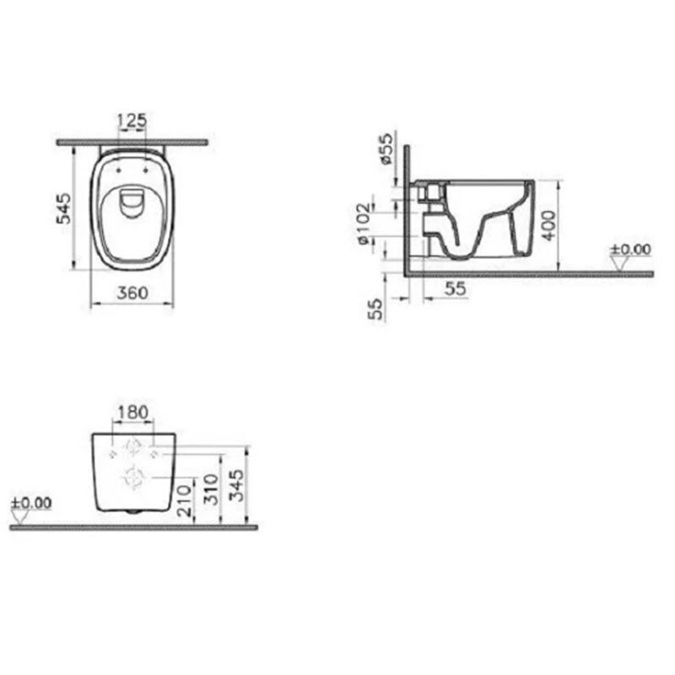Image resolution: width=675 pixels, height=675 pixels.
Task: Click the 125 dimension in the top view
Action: (x=132, y=121)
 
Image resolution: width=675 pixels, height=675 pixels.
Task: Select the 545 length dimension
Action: (x=64, y=208)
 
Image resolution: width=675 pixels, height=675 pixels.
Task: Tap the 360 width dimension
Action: (x=132, y=293)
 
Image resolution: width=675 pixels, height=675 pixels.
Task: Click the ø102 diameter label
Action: (x=364, y=224)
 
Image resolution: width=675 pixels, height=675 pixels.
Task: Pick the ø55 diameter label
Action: (x=386, y=148)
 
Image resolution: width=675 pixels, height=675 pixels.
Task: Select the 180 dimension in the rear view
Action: (x=132, y=412)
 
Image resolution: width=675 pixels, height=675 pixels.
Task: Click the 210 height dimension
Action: (x=184, y=500)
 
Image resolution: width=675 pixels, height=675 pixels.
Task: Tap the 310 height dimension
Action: (x=211, y=489)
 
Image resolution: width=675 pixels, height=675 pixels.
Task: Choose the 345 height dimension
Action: (x=236, y=485)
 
